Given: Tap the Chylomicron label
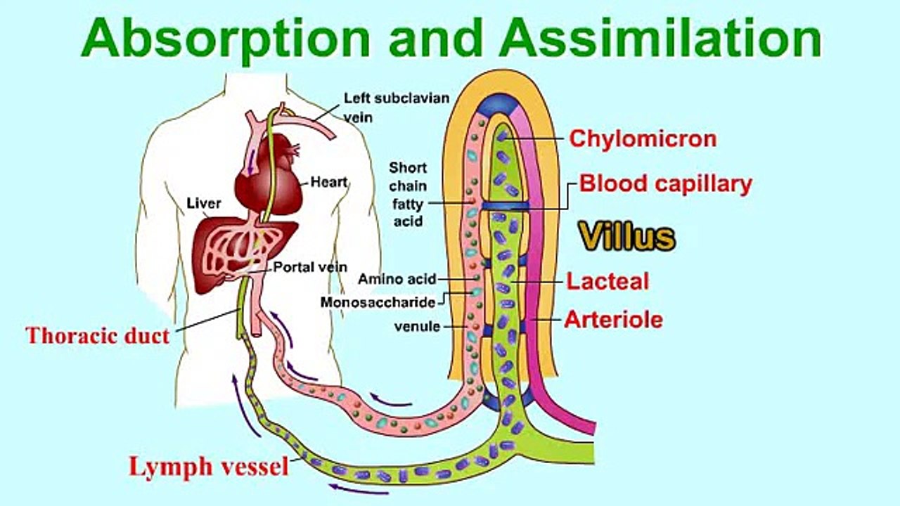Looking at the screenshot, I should pyautogui.click(x=643, y=138).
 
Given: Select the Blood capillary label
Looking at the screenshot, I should pyautogui.click(x=665, y=184).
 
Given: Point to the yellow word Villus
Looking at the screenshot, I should pyautogui.click(x=627, y=237).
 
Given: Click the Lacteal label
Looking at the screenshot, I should pyautogui.click(x=607, y=282).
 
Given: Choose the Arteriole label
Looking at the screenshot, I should pyautogui.click(x=613, y=320).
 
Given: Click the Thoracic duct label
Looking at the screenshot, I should pyautogui.click(x=98, y=335).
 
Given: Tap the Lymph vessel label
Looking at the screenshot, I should pyautogui.click(x=208, y=466).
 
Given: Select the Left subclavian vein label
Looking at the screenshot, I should pyautogui.click(x=395, y=108).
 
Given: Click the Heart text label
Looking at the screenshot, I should pyautogui.click(x=329, y=182).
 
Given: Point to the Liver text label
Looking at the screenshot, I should pyautogui.click(x=204, y=204).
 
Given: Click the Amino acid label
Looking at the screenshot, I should pyautogui.click(x=397, y=279).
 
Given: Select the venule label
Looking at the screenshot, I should pyautogui.click(x=417, y=326).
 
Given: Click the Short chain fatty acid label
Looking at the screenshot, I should pyautogui.click(x=408, y=195).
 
